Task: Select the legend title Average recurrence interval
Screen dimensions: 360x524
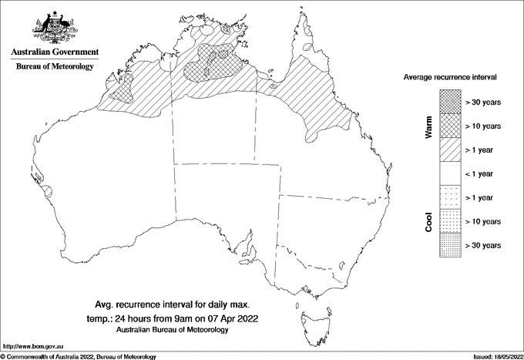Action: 452,78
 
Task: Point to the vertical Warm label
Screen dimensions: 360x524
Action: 428,127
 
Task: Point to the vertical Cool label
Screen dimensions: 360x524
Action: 428,221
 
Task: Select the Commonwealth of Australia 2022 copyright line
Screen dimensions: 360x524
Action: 79,356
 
